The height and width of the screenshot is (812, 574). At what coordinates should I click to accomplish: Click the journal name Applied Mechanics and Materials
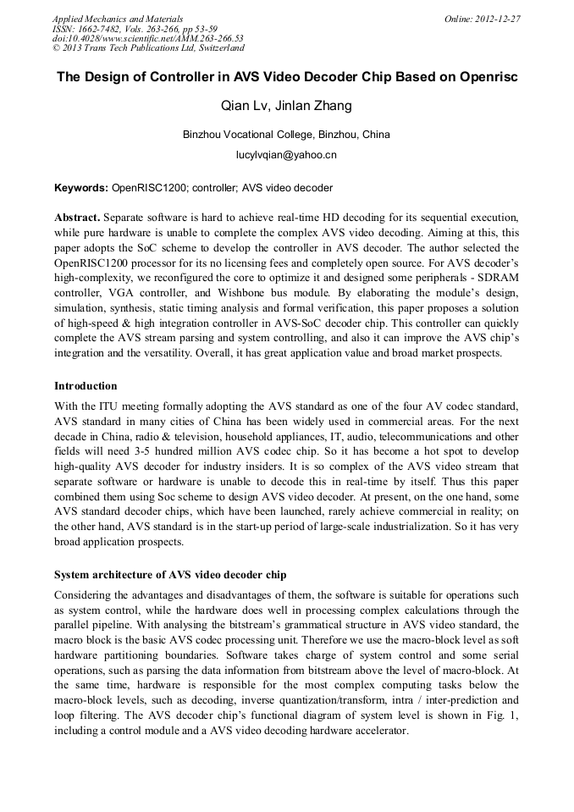click(x=117, y=19)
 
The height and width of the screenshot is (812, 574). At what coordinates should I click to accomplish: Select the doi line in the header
click(x=148, y=39)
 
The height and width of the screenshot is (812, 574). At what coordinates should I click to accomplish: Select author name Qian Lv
click(x=242, y=107)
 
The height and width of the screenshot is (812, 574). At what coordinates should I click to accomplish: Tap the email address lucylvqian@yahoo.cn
click(x=286, y=155)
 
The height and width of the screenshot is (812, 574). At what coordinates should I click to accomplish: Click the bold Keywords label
click(x=80, y=188)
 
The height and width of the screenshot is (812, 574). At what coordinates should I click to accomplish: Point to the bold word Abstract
click(x=77, y=218)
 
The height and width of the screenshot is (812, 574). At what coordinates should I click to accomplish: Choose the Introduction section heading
click(x=86, y=386)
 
